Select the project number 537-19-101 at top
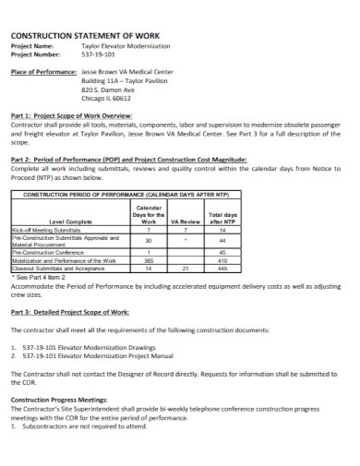pos(100,53)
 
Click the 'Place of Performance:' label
pos(42,71)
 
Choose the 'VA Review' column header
pos(186,222)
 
